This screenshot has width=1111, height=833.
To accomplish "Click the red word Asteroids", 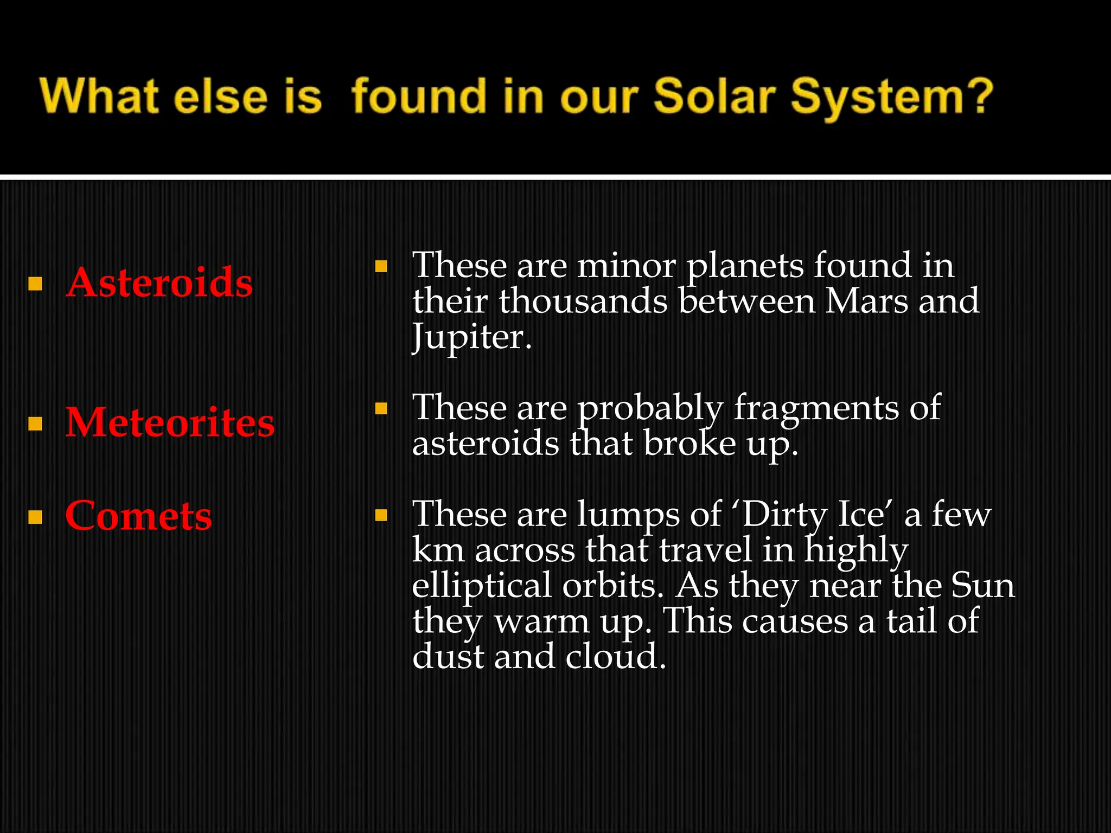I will [159, 283].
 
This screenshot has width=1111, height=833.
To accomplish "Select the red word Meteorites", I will [170, 422].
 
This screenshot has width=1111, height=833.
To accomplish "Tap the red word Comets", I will [138, 516].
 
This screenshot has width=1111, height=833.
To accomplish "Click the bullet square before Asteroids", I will [35, 284].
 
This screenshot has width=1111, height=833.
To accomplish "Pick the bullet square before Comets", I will [35, 517].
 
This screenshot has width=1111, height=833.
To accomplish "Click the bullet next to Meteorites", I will [35, 424].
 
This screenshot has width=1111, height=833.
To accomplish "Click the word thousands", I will [583, 301].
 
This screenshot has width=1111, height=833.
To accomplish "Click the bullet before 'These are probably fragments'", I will [381, 408].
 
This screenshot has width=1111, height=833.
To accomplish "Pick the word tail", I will [911, 621].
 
